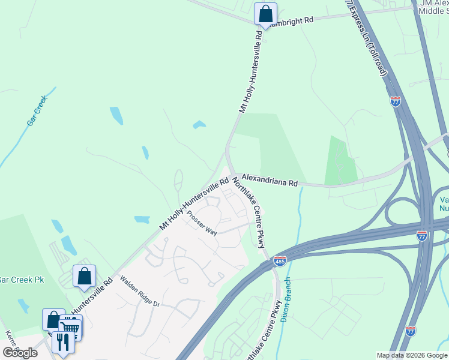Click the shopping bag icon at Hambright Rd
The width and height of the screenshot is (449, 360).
(x=265, y=13)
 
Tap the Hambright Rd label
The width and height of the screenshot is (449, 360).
(x=292, y=20)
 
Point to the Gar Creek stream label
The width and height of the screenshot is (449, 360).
(x=37, y=112)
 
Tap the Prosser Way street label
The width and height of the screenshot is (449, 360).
(x=202, y=223)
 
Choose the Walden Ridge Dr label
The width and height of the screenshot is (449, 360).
(x=139, y=292)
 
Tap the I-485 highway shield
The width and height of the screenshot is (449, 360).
(x=280, y=260)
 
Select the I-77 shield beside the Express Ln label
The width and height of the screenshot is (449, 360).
(x=395, y=101)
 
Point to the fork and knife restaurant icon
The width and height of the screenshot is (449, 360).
(x=62, y=341)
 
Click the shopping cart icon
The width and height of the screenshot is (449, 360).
(x=71, y=327)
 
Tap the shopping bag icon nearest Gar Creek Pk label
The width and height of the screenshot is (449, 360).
(x=84, y=275)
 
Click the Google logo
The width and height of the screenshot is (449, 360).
(x=19, y=353)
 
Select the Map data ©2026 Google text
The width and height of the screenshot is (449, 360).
(x=412, y=355)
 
